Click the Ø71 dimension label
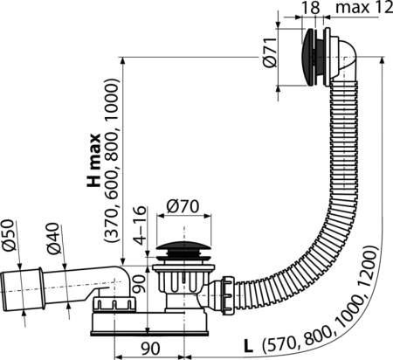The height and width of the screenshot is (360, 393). click(x=271, y=52)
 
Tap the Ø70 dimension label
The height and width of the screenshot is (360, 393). click(x=183, y=206)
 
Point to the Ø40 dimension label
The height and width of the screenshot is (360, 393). click(x=52, y=239)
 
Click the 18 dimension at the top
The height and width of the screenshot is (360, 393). click(x=311, y=8)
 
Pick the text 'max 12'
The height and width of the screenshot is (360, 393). click(x=364, y=8)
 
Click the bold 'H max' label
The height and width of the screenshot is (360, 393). click(x=93, y=160)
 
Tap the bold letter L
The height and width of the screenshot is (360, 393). click(x=248, y=346)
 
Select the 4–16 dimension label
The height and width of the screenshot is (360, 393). click(x=140, y=225)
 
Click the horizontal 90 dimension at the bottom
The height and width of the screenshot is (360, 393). click(x=150, y=349)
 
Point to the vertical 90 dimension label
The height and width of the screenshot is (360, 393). click(x=140, y=284)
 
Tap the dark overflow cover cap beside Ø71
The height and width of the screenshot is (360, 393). click(x=307, y=57)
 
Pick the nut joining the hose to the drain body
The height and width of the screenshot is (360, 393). click(x=228, y=295)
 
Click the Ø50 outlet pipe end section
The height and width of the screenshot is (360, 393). click(x=22, y=289)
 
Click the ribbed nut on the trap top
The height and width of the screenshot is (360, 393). click(x=114, y=303)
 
